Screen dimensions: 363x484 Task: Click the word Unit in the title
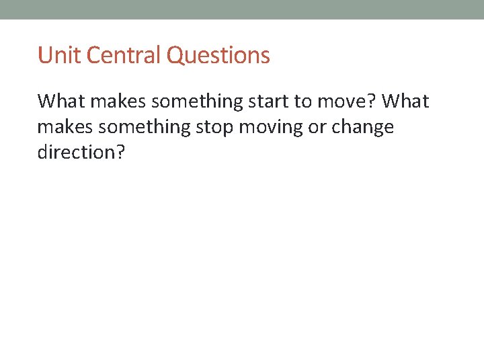pyautogui.click(x=54, y=55)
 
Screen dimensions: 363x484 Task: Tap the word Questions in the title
pyautogui.click(x=218, y=56)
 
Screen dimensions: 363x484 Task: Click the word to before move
pyautogui.click(x=302, y=102)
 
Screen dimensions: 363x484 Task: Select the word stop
pyautogui.click(x=213, y=127)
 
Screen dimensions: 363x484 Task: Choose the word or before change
pyautogui.click(x=317, y=127)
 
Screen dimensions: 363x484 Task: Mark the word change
pyautogui.click(x=363, y=127)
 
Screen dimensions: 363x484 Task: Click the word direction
pyautogui.click(x=76, y=152)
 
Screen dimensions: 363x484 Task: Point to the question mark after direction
pyautogui.click(x=120, y=152)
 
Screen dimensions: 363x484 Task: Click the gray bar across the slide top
pyautogui.click(x=242, y=9)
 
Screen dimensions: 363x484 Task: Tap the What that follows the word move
pyautogui.click(x=407, y=102)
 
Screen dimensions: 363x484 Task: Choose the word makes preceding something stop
pyautogui.click(x=61, y=127)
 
